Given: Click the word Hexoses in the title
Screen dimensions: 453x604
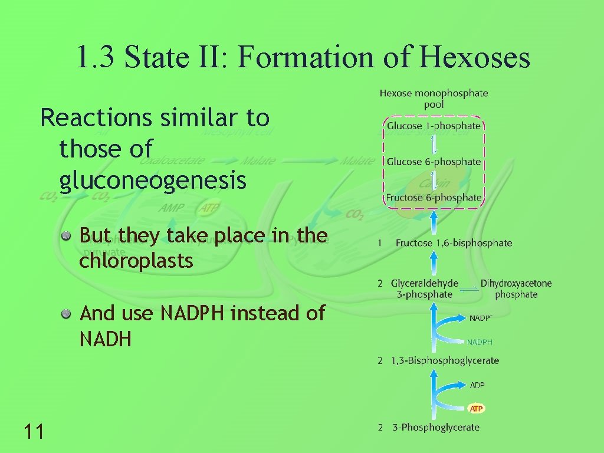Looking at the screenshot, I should (x=475, y=58).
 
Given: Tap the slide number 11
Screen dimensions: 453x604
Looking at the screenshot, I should (x=34, y=432).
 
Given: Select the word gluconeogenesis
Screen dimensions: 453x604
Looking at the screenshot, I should (x=153, y=181).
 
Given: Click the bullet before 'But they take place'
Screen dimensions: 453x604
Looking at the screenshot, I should (x=68, y=236).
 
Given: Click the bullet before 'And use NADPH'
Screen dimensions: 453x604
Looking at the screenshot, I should (x=68, y=314).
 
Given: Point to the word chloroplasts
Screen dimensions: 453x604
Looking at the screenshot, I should (x=136, y=261).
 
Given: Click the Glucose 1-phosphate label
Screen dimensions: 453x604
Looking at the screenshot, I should (x=434, y=126).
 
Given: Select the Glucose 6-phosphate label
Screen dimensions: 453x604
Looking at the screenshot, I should (x=434, y=162).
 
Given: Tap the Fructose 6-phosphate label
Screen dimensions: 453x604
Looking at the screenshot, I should (x=434, y=198).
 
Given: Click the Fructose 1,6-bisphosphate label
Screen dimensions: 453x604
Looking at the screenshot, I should (x=454, y=242).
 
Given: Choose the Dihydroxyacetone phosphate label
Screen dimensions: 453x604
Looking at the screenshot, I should (x=516, y=288).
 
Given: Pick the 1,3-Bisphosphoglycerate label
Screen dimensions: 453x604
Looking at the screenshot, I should (x=445, y=360).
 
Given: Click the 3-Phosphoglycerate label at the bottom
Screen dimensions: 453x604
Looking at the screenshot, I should (x=436, y=427).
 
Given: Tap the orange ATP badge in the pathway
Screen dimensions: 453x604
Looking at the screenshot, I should (x=477, y=408).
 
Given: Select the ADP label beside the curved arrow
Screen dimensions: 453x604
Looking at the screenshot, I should (x=477, y=385).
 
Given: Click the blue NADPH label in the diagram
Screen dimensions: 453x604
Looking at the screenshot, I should (x=480, y=342).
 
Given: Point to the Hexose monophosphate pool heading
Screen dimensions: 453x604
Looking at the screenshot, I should (x=434, y=99).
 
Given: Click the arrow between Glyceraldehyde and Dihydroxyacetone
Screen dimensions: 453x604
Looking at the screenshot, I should (x=470, y=289).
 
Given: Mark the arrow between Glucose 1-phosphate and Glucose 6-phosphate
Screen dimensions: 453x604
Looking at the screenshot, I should (x=434, y=144).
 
